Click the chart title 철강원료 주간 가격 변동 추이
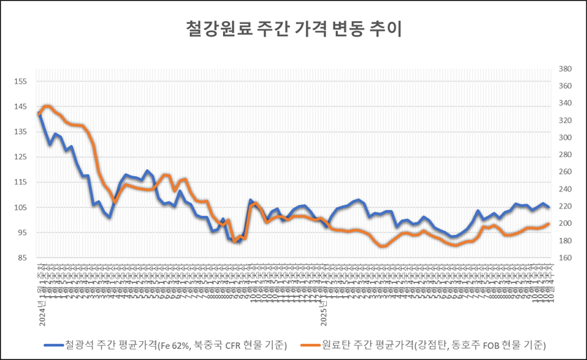pos(293,29)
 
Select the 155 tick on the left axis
pos(21,81)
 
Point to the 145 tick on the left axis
pos(21,107)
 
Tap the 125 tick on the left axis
pos(21,157)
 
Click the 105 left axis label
pos(21,208)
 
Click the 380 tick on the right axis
pos(563,69)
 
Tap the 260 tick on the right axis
pos(563,173)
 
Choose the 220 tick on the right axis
pos(563,206)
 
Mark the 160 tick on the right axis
pos(563,258)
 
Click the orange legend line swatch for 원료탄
pos(309,345)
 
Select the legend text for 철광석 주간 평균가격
pos(175,345)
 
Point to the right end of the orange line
pos(548,224)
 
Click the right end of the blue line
pos(548,208)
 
